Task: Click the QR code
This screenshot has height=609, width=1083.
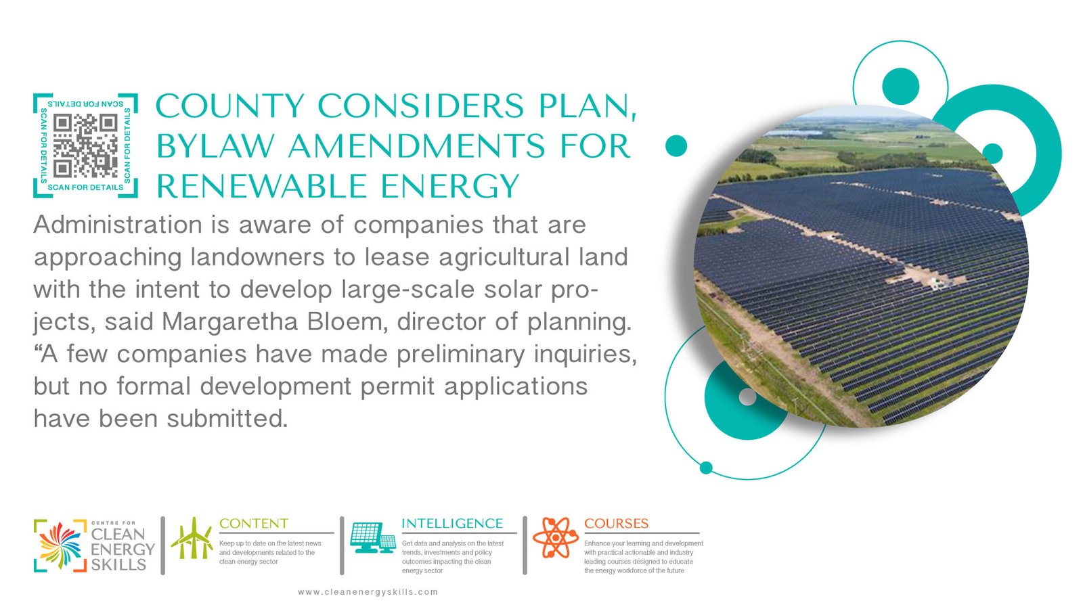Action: (x=85, y=145)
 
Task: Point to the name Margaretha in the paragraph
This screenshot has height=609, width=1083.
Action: (x=229, y=322)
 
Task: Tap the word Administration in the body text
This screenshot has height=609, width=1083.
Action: (x=118, y=225)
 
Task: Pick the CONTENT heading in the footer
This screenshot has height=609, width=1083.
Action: (x=254, y=524)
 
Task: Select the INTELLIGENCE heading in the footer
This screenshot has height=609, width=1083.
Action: (x=452, y=524)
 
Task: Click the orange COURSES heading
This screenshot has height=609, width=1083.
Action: (x=616, y=524)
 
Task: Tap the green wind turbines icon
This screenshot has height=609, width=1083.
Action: (x=192, y=538)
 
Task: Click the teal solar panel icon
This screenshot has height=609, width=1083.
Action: (x=373, y=537)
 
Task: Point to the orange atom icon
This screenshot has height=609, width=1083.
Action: (x=556, y=537)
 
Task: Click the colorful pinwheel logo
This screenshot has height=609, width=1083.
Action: (x=61, y=545)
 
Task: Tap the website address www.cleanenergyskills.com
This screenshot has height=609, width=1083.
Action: (x=368, y=591)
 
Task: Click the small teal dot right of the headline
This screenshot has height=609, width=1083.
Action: (x=676, y=145)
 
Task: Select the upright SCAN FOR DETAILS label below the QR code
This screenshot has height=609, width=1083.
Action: (x=85, y=187)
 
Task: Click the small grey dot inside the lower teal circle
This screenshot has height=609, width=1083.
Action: (x=747, y=397)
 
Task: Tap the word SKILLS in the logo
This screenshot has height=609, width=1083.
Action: (x=118, y=564)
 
